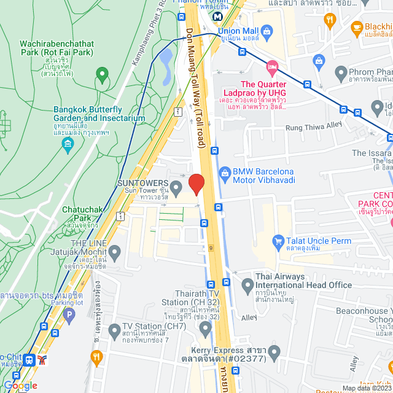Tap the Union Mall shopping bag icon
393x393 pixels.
(267, 30)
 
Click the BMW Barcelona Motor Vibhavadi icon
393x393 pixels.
(224, 173)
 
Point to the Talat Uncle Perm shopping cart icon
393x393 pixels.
(278, 241)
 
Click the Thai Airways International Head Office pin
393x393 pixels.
(247, 286)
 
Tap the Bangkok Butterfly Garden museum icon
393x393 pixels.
(68, 146)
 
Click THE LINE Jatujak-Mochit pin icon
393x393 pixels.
(114, 251)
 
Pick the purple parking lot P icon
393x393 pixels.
(69, 317)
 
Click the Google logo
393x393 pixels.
(20, 386)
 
